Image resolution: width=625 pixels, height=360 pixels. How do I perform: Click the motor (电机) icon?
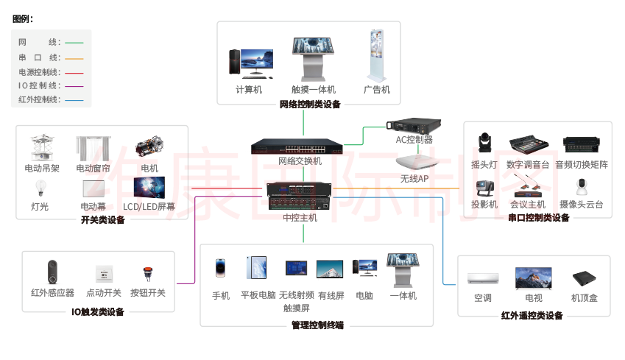(149, 147)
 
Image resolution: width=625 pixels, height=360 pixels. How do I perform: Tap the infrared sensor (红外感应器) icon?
(52, 271)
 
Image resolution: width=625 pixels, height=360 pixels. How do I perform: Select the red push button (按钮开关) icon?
(147, 273)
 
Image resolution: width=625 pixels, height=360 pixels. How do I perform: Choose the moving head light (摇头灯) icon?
(484, 144)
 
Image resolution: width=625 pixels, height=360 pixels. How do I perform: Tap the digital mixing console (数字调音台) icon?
(528, 144)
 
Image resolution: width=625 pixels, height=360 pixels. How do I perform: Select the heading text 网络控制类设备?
(310, 105)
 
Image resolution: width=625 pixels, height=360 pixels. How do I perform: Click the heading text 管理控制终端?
(317, 325)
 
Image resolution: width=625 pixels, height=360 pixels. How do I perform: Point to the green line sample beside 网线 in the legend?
(74, 43)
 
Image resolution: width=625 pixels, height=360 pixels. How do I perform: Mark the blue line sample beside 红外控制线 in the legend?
(74, 99)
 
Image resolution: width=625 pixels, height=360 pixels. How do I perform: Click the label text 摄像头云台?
(581, 205)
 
